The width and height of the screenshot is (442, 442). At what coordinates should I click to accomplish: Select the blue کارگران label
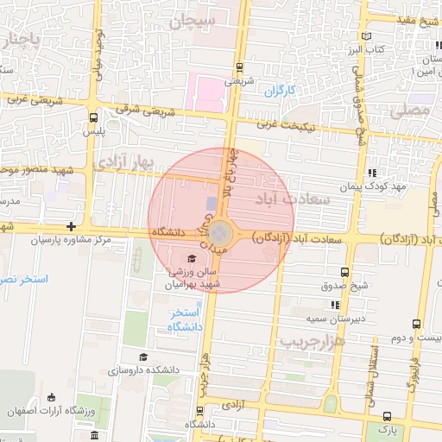tap(280, 90)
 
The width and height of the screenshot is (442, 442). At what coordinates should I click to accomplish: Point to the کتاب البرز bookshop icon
tap(369, 36)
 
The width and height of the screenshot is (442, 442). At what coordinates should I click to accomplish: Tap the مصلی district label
tap(408, 111)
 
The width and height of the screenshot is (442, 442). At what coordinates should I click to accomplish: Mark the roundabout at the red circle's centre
tap(220, 232)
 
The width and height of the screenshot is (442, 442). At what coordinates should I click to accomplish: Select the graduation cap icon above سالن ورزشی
tap(191, 258)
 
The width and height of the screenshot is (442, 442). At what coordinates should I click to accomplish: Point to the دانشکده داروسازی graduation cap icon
tap(143, 357)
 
